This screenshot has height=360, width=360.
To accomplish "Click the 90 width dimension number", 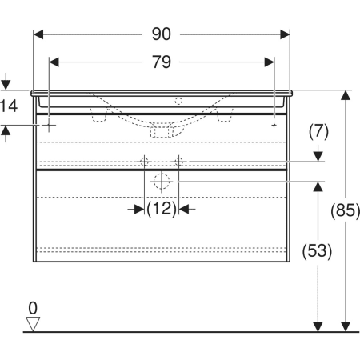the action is point(162,34).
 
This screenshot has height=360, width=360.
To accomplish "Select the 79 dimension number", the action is point(162,62).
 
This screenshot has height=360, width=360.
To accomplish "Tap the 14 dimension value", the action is point(9,106).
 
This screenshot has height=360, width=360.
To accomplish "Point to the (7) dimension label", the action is point(318,131).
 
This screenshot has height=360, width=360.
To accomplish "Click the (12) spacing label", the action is point(162,209).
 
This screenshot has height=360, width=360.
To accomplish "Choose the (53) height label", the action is point(317,251).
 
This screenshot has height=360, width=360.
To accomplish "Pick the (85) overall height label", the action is point(346,210).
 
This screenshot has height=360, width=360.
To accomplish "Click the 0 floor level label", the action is point(33,308).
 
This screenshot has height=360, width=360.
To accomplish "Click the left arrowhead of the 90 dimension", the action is point(38,34).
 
